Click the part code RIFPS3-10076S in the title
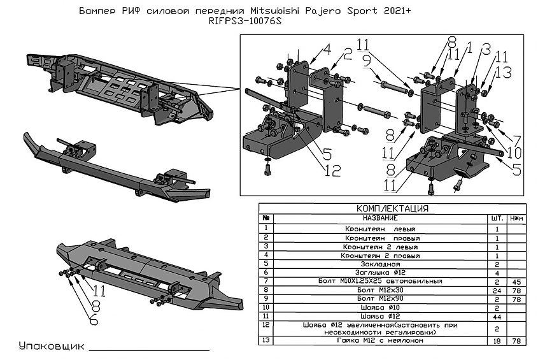pyautogui.click(x=244, y=21)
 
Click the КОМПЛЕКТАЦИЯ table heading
pyautogui.click(x=392, y=208)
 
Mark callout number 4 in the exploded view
pyautogui.click(x=327, y=49)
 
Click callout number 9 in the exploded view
pyautogui.click(x=366, y=61)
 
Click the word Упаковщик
pyautogui.click(x=51, y=347)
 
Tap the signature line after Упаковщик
pyautogui.click(x=149, y=350)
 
